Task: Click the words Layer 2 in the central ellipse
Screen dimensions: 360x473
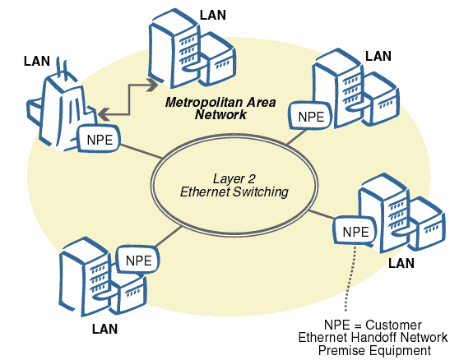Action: click(x=234, y=178)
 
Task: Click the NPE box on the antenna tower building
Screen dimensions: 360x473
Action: click(x=100, y=140)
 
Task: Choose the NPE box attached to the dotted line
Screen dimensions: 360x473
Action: click(x=355, y=231)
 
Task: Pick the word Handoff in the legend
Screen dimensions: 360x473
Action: click(x=378, y=337)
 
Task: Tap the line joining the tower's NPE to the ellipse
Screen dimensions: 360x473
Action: click(x=140, y=154)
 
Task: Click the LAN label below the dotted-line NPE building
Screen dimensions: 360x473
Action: click(x=401, y=263)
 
